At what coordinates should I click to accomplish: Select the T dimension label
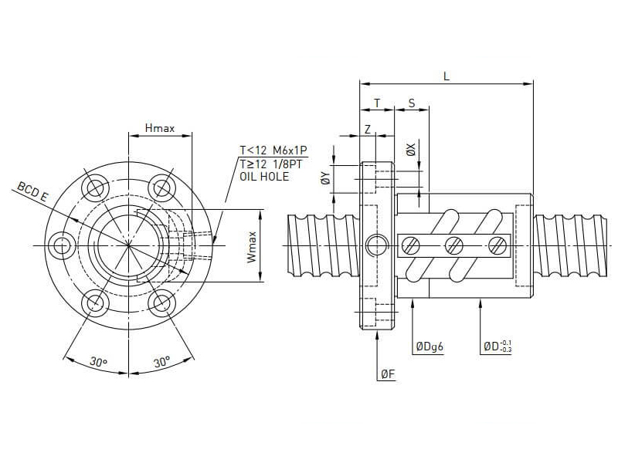(x=377, y=103)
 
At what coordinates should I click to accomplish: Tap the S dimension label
(x=411, y=103)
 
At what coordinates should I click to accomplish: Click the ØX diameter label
(x=412, y=149)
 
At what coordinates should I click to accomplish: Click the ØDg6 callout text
(x=429, y=347)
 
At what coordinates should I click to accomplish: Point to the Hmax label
(x=159, y=128)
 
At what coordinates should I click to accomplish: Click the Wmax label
(x=251, y=246)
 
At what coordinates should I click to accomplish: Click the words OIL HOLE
(x=264, y=177)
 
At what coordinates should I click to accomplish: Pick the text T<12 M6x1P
(x=273, y=150)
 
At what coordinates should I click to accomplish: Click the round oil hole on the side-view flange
(x=377, y=245)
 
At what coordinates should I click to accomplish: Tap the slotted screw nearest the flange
(x=411, y=245)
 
